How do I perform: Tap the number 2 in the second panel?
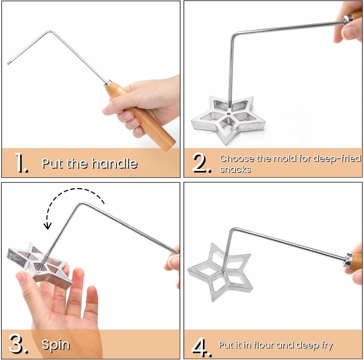pyautogui.click(x=202, y=164)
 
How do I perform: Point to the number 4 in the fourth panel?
pyautogui.click(x=202, y=346)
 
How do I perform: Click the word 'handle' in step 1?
pyautogui.click(x=114, y=163)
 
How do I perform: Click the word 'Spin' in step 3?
pyautogui.click(x=55, y=345)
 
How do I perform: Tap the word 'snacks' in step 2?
pyautogui.click(x=235, y=169)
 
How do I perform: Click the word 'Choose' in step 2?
pyautogui.click(x=237, y=158)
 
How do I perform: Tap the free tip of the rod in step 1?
pyautogui.click(x=8, y=64)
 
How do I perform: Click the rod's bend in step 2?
pyautogui.click(x=233, y=35)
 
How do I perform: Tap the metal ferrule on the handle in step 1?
pyautogui.click(x=108, y=84)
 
